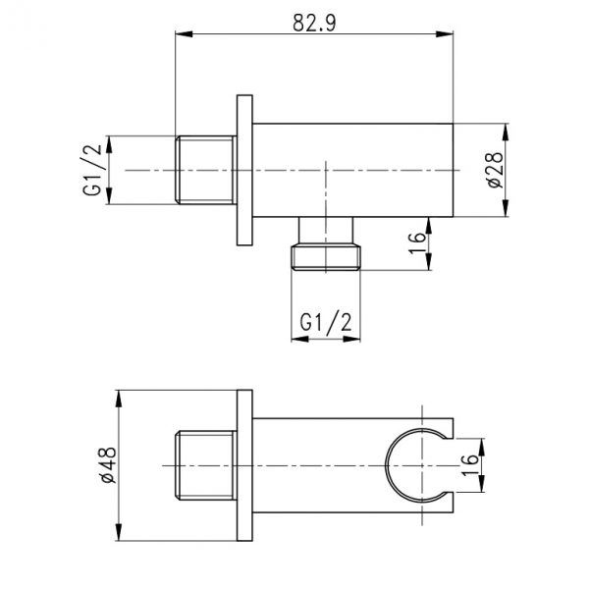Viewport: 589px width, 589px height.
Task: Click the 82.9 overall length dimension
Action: (x=314, y=23)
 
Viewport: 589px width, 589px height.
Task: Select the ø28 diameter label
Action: (x=495, y=170)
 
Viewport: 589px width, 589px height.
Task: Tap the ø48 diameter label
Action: (x=109, y=465)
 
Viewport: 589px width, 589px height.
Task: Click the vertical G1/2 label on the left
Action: (x=92, y=170)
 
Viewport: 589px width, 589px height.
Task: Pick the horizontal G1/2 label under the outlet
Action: (x=326, y=322)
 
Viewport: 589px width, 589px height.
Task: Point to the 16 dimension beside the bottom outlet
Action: (x=417, y=243)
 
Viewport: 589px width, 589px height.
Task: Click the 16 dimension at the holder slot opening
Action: (x=469, y=465)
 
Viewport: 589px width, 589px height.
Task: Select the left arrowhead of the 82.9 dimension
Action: (x=185, y=34)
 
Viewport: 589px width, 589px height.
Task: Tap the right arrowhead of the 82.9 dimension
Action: (x=445, y=34)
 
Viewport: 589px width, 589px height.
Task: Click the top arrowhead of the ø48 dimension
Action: (x=119, y=399)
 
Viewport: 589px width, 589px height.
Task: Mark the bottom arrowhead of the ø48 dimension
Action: (x=119, y=532)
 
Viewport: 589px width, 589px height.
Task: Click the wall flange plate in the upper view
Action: (x=244, y=170)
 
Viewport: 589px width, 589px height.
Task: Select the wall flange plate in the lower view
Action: (x=244, y=465)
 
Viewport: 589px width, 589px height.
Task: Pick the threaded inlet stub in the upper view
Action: (x=206, y=170)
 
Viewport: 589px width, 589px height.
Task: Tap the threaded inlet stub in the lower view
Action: (x=206, y=465)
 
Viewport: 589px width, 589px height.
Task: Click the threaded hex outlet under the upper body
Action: (x=326, y=243)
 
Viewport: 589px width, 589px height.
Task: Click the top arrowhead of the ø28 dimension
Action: (x=506, y=133)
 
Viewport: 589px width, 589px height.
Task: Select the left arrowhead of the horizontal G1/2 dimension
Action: (x=299, y=340)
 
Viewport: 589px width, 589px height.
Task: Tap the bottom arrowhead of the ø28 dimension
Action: (x=506, y=208)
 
